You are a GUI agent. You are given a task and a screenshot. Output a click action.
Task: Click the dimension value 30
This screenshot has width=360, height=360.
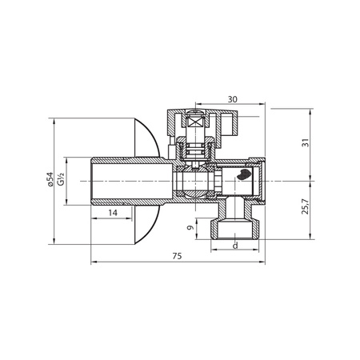tap(232, 98)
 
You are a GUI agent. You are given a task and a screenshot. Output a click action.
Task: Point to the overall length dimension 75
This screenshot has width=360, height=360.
tap(178, 256)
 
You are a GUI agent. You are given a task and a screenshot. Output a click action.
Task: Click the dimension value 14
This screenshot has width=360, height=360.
tap(112, 212)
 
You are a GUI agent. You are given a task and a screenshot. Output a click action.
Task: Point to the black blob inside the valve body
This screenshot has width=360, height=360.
tap(244, 174)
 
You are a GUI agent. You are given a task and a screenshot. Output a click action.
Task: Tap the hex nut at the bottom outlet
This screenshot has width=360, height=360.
tap(234, 226)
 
